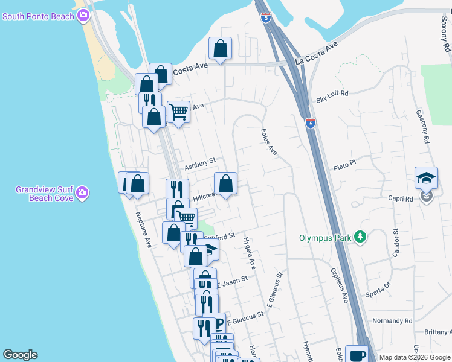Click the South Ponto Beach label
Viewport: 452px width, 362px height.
click(x=38, y=16)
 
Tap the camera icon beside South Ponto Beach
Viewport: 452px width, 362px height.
click(x=83, y=16)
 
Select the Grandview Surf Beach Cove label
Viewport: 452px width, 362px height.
click(x=45, y=194)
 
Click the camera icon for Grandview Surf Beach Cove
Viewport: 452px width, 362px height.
click(x=82, y=193)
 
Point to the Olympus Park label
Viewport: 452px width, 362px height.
click(x=325, y=238)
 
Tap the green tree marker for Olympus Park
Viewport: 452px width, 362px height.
click(x=361, y=237)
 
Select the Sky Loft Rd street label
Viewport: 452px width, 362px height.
click(x=332, y=94)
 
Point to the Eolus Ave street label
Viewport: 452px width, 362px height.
click(x=268, y=142)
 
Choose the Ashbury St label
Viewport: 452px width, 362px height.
click(x=200, y=164)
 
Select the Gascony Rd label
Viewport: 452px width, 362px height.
click(x=422, y=127)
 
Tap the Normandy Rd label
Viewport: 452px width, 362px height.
click(x=392, y=320)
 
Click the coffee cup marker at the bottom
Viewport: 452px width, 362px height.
click(x=358, y=355)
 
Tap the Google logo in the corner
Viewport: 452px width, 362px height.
click(x=20, y=355)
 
